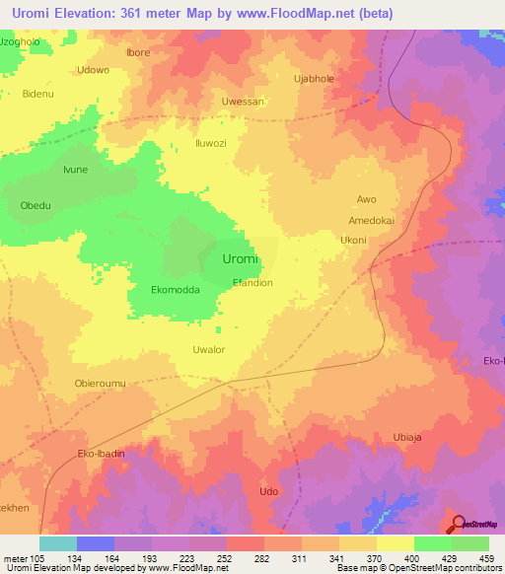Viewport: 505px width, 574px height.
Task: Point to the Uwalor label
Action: coord(209,349)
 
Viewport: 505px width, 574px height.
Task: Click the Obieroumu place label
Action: coord(100,383)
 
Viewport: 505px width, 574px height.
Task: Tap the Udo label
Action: coord(267,491)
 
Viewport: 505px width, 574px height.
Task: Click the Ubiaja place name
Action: coord(407,437)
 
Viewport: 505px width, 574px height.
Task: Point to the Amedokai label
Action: coord(371,221)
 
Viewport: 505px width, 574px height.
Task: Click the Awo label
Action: coord(366,198)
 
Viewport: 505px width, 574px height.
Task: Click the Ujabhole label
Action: coord(316,77)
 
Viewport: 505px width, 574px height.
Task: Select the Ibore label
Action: coord(139,52)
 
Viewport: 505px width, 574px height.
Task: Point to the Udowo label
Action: coord(93,70)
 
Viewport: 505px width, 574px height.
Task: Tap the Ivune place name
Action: coord(76,170)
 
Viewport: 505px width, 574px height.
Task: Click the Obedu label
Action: coord(36,205)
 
